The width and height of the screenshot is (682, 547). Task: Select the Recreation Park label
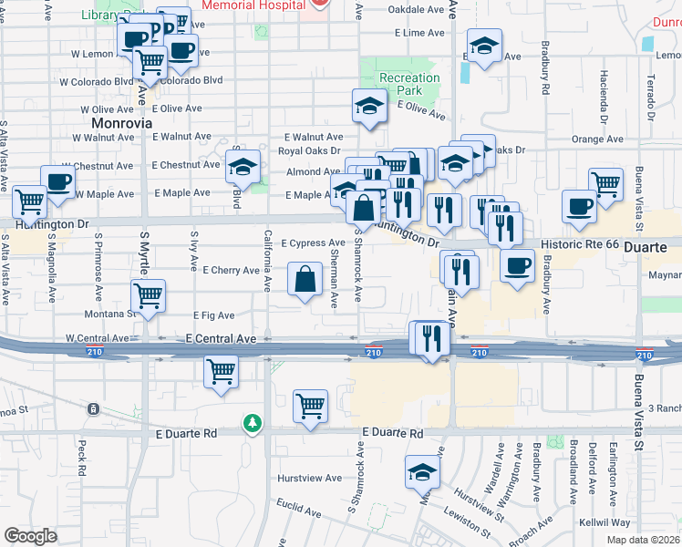(408, 85)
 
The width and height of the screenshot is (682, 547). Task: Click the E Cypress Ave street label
(312, 243)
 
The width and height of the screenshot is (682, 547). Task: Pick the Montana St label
(112, 313)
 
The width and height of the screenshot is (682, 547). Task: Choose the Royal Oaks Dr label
(309, 150)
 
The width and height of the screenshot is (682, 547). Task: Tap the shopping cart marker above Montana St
(149, 294)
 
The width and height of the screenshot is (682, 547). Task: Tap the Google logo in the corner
(31, 536)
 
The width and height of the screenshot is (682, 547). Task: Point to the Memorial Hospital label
(253, 5)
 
